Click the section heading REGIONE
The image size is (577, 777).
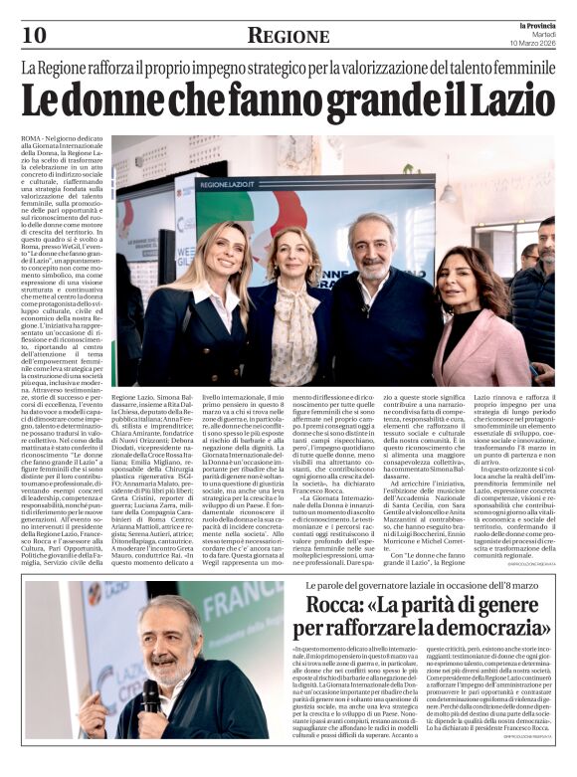pyautogui.click(x=288, y=37)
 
